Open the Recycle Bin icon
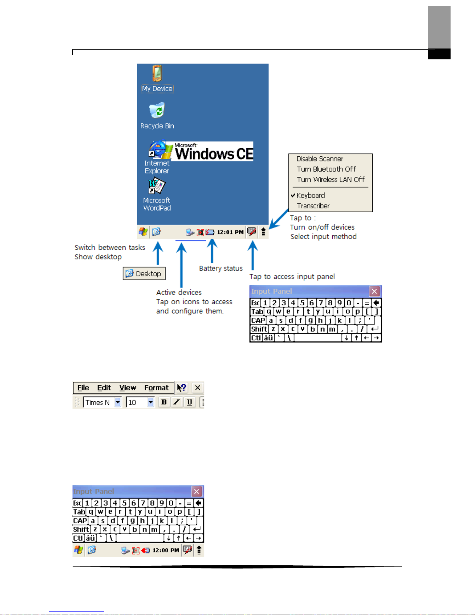[157, 111]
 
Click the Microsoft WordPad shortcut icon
[157, 186]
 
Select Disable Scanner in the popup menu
[320, 159]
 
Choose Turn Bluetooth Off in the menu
[326, 169]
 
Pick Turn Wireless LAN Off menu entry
[330, 180]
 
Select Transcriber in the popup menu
[313, 206]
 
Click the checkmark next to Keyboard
[293, 196]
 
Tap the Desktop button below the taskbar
[144, 274]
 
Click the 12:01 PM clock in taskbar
[230, 232]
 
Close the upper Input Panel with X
[374, 291]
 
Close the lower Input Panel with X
[197, 492]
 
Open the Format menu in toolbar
[156, 388]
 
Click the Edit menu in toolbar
[104, 388]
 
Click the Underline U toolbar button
[190, 402]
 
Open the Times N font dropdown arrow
[118, 403]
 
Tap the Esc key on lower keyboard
[78, 503]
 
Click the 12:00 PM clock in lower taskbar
[166, 550]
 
